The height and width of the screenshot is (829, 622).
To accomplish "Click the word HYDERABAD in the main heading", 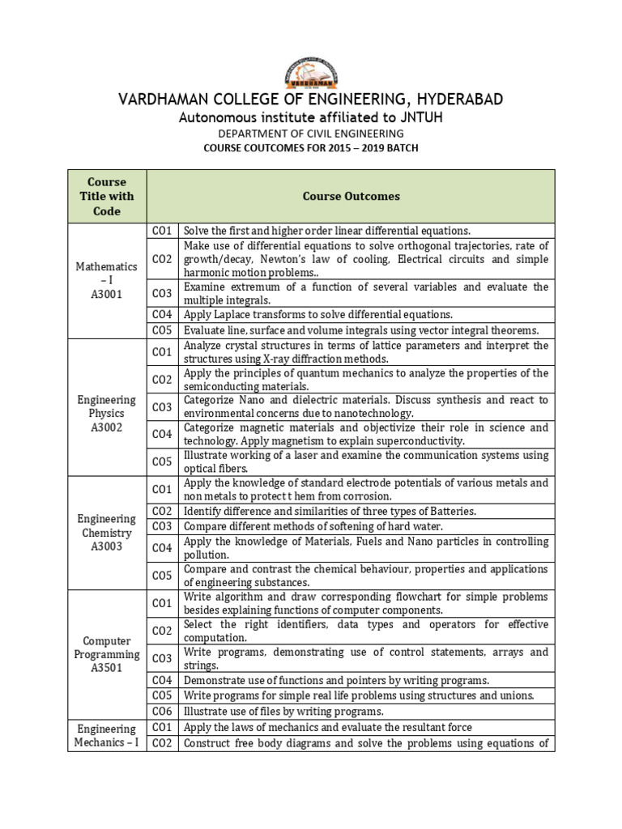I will tap(451, 100).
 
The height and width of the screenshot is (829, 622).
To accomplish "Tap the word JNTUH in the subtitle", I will tap(415, 118).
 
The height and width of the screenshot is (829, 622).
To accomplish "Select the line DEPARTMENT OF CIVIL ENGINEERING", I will tap(311, 134).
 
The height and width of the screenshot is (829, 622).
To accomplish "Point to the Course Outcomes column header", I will tap(351, 196).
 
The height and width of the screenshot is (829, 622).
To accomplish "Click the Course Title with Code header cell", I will tap(107, 196).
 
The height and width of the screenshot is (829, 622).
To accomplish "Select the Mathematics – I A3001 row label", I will tap(107, 280).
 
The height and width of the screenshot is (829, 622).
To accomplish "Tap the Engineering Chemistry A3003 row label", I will tap(107, 533).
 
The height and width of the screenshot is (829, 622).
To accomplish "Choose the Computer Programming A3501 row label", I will tap(107, 654).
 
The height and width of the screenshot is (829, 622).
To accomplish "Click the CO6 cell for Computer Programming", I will tap(162, 711).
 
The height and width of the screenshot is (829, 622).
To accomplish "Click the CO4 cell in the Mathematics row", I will tap(162, 314).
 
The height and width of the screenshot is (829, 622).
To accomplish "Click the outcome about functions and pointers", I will tap(336, 680).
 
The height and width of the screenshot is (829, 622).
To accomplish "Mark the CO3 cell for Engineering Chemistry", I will tap(162, 526).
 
